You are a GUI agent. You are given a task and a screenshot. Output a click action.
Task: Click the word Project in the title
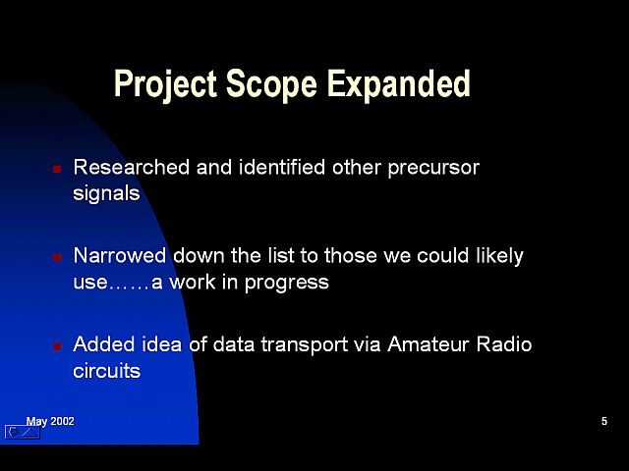(x=165, y=84)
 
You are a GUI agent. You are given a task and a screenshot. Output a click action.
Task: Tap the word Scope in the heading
(x=271, y=84)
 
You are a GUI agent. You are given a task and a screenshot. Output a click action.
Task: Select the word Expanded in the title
(x=399, y=83)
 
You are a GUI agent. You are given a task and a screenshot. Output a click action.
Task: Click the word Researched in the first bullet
(x=131, y=167)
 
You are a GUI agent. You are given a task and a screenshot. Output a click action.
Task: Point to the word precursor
(x=433, y=169)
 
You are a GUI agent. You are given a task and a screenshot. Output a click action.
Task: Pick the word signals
(x=106, y=194)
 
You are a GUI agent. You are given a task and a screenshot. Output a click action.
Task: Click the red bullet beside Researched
(x=57, y=169)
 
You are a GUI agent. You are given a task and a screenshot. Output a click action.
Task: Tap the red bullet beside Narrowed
(x=57, y=257)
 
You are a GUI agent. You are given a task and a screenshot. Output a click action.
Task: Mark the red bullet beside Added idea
(x=57, y=345)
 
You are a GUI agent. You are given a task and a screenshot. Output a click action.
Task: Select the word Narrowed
(x=120, y=255)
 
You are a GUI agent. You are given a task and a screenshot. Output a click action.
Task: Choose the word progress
(x=286, y=284)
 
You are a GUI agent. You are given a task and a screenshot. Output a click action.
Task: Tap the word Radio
(x=504, y=344)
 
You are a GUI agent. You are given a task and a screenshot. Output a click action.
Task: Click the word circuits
(x=107, y=371)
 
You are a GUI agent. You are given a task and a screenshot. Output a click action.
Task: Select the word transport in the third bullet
(x=304, y=345)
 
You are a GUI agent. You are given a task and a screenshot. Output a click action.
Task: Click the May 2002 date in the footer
(x=50, y=422)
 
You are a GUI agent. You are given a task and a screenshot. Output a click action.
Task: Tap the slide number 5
(x=604, y=421)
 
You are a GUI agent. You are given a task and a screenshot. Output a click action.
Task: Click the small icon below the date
(x=23, y=432)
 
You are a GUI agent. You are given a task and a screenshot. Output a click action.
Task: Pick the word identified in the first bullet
(x=282, y=167)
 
